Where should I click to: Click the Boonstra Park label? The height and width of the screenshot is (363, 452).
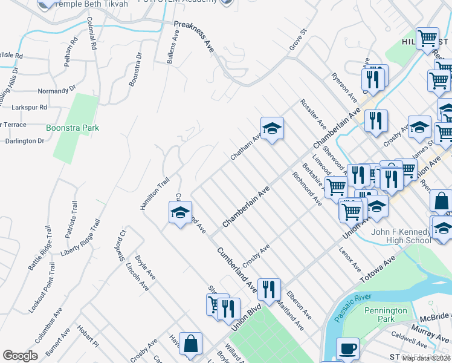tap(72, 128)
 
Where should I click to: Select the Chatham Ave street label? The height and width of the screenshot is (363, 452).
tap(245, 147)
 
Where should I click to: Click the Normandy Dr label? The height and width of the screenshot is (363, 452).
tap(57, 90)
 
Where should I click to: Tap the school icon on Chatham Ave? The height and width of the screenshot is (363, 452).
tap(272, 128)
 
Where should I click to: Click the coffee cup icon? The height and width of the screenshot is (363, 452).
tap(347, 349)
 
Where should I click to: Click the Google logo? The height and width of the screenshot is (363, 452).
tap(20, 355)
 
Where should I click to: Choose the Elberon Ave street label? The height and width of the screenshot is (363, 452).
tap(299, 305)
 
